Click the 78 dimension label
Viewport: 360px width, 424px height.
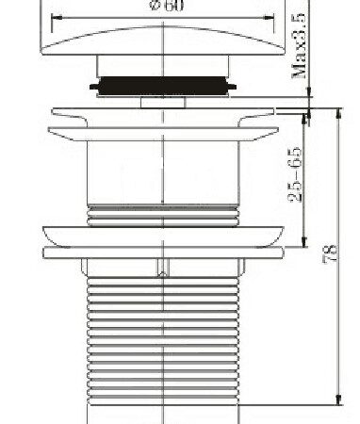[x=331, y=253]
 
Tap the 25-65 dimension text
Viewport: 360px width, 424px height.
[x=295, y=174]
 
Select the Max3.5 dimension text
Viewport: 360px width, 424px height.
[x=299, y=45]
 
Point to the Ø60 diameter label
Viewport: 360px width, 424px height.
[x=168, y=6]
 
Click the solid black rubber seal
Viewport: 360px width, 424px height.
[x=163, y=86]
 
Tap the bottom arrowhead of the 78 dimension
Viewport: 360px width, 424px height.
[x=338, y=400]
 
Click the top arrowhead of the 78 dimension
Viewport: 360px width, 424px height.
[x=338, y=114]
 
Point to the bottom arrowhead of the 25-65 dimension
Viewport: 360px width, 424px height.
[x=303, y=242]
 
